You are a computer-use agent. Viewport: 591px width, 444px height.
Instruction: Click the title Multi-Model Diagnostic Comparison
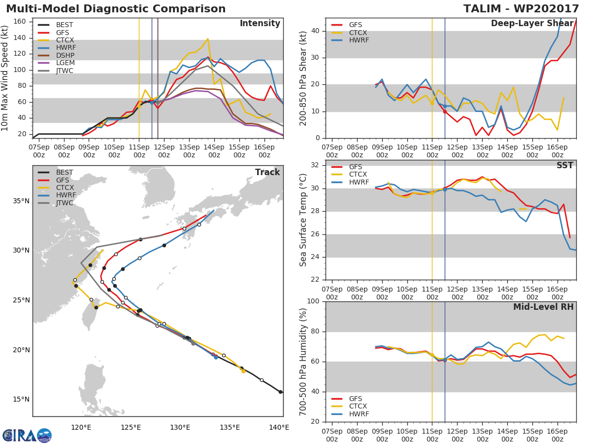[116, 9]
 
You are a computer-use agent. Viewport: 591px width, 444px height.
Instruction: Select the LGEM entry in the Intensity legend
[65, 63]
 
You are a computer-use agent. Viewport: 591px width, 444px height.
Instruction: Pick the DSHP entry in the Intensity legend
[65, 55]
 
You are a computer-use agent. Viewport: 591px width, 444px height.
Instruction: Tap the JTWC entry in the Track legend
[65, 203]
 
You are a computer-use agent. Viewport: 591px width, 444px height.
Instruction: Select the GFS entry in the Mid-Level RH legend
[355, 399]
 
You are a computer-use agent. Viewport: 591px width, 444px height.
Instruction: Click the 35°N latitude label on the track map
[21, 201]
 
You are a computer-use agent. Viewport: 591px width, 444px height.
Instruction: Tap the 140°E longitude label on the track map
[279, 427]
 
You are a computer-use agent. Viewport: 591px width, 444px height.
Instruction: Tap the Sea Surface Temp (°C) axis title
[303, 220]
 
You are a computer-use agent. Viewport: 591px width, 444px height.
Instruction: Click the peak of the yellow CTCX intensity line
[208, 38]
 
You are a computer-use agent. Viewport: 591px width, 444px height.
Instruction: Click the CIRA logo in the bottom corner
[27, 435]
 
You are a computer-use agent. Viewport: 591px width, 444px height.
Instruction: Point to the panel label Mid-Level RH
[543, 307]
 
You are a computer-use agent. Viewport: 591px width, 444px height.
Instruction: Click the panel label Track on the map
[267, 172]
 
